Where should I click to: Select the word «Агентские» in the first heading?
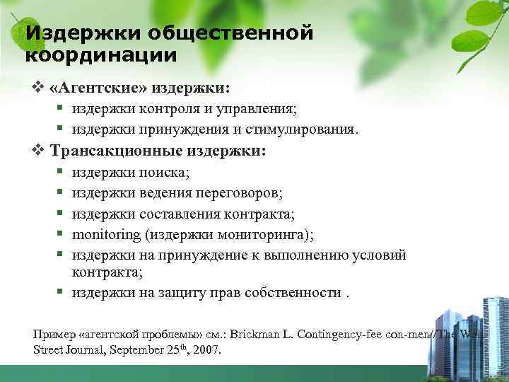[x=100, y=89]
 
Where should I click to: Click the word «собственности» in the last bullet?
[x=293, y=293]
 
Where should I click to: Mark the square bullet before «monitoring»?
[x=62, y=234]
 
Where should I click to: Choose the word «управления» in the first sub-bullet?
[x=263, y=109]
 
